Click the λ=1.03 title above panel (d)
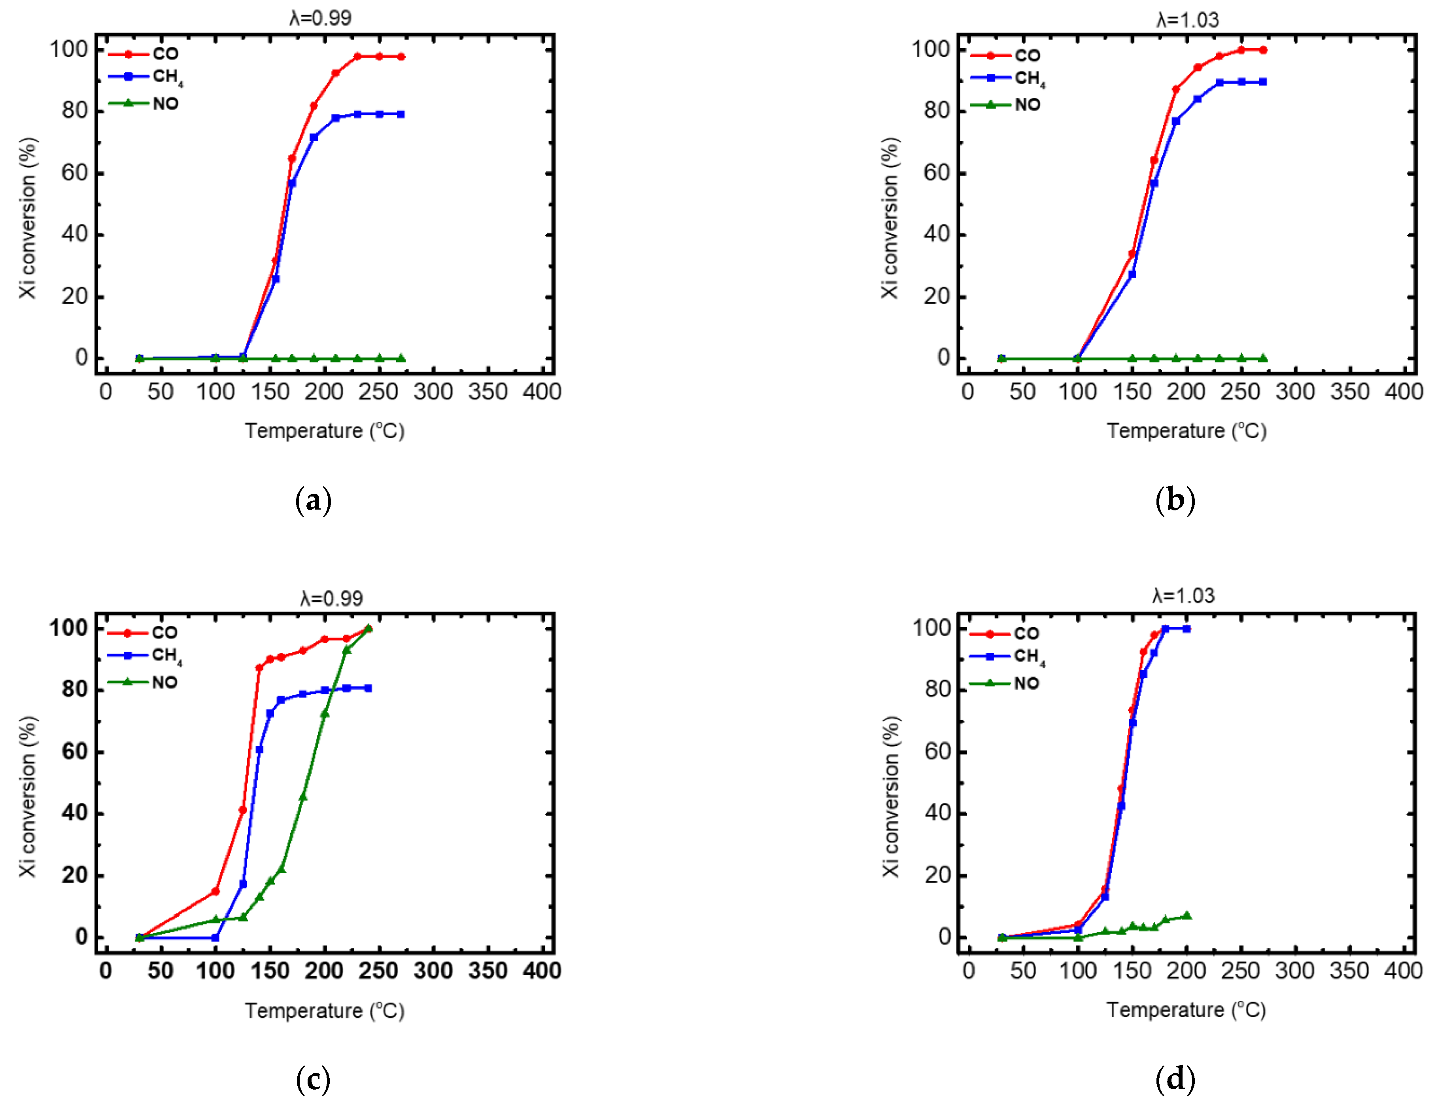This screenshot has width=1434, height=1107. click(x=1183, y=596)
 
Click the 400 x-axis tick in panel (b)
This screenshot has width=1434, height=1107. click(x=1403, y=392)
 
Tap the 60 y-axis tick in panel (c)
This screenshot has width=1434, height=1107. click(x=74, y=752)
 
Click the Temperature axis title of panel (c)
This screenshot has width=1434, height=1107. click(x=324, y=1010)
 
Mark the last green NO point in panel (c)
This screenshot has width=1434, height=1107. click(x=368, y=627)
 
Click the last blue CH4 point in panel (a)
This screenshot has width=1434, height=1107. click(x=401, y=114)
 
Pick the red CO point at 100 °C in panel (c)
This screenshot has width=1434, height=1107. click(x=215, y=891)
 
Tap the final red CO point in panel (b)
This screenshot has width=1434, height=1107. click(x=1263, y=50)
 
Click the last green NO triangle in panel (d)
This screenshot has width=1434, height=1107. click(x=1186, y=915)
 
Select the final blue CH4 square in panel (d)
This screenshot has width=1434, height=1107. click(x=1186, y=629)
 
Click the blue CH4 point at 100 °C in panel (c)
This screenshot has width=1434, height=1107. click(x=215, y=938)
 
